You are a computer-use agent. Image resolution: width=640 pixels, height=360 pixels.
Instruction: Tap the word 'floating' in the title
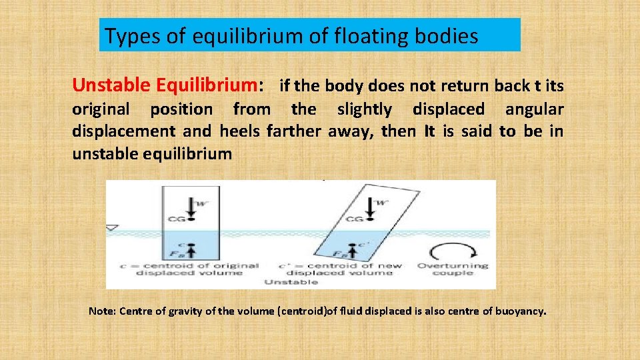[x=378, y=36]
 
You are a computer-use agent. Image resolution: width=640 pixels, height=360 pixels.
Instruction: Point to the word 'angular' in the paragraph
[x=534, y=109]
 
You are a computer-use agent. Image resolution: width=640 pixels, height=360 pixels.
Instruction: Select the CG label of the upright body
[x=177, y=218]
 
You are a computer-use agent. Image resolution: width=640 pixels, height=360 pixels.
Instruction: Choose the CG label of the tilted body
[x=355, y=219]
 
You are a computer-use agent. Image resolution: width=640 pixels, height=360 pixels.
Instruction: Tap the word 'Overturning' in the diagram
[x=453, y=265]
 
